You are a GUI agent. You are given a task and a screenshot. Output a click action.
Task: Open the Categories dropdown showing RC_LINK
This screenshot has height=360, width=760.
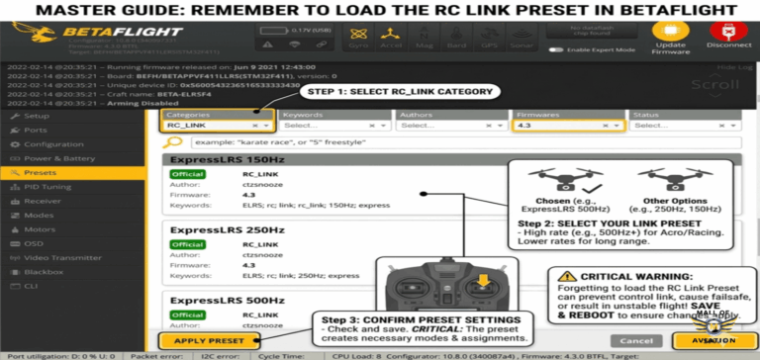pos(217,126)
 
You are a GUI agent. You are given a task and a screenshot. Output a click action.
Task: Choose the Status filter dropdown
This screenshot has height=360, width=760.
pos(685,126)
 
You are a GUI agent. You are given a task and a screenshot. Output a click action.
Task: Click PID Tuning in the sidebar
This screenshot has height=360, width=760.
pos(47,186)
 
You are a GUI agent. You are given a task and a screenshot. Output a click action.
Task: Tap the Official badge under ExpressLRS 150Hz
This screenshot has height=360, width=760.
pos(187,175)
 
